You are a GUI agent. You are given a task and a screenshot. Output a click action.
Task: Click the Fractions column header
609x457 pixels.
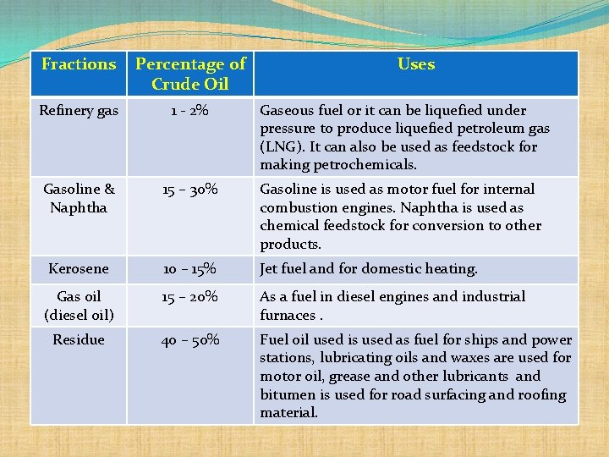click(79, 64)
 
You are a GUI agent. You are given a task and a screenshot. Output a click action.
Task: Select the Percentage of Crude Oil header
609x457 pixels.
click(190, 74)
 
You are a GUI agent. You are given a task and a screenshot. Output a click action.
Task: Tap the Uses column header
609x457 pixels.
click(416, 64)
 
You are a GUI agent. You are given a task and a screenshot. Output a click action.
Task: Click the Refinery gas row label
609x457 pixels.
click(79, 111)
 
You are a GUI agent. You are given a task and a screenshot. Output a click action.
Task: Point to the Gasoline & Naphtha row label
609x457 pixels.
click(79, 198)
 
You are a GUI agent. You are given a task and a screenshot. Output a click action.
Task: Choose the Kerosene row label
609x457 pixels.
click(79, 269)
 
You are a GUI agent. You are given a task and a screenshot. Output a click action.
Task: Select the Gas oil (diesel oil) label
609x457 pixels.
click(79, 306)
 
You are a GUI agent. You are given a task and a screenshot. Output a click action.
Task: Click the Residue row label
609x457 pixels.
click(79, 340)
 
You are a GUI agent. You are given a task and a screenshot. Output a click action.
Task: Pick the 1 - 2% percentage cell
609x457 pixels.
click(190, 111)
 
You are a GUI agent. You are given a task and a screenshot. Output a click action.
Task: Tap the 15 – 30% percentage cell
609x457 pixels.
click(190, 190)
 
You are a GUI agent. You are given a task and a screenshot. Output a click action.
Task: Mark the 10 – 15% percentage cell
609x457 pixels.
click(190, 269)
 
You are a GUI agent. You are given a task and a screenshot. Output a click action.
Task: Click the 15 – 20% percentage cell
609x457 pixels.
click(190, 297)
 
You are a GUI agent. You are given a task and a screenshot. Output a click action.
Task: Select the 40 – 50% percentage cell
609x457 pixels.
click(190, 340)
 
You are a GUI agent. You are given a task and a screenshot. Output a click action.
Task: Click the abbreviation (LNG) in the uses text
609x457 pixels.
click(280, 147)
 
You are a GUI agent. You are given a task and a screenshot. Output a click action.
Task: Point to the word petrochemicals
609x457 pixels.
click(371, 165)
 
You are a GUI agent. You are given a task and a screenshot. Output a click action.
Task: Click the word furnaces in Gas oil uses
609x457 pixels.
click(287, 316)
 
